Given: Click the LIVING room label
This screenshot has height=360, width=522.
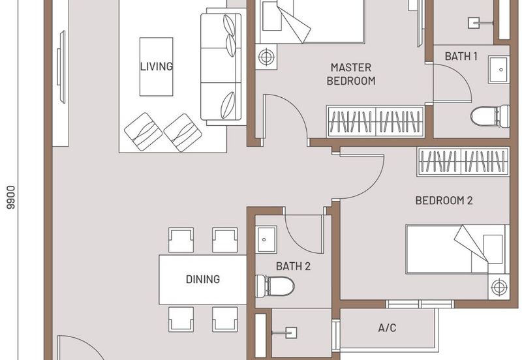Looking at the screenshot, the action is tap(157, 67).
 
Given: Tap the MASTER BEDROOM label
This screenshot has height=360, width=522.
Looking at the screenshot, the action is tap(351, 74).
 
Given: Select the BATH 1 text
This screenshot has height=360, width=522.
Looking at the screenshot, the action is tap(461, 56).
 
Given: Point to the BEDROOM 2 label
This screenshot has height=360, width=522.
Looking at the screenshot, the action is tap(444, 200).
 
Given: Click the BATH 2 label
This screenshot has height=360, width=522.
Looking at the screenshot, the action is tap(293, 266).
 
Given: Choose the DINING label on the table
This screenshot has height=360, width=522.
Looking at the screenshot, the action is tap(203, 279).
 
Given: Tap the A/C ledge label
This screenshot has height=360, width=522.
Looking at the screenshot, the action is tap(387, 328).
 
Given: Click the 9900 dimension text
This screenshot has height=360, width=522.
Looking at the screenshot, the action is tap(11, 198).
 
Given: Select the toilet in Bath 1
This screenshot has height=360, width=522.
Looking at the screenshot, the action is tap(490, 117).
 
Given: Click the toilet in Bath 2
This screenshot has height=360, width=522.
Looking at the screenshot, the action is tap(275, 286).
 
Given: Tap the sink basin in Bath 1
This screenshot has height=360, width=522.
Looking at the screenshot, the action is tap(499, 70).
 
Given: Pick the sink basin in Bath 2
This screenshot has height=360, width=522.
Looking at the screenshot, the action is tap(266, 239).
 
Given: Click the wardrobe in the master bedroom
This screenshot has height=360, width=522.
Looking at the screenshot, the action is tap(376, 121).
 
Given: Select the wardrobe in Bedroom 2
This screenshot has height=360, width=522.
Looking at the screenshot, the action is tap(463, 162).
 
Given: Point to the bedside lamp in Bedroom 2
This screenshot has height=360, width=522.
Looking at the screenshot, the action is tap(499, 287).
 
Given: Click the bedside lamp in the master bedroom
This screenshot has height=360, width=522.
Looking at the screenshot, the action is tap(266, 57).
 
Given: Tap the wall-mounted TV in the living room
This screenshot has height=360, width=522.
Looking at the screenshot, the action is tap(61, 67).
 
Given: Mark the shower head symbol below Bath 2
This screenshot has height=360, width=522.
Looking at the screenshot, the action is tap(286, 333).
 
